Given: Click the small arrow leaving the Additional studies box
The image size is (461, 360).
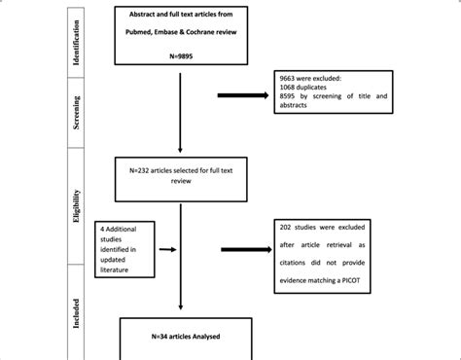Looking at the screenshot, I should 168,249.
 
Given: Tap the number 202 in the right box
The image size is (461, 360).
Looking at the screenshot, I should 290,229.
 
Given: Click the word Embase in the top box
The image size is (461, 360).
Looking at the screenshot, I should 183,33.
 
